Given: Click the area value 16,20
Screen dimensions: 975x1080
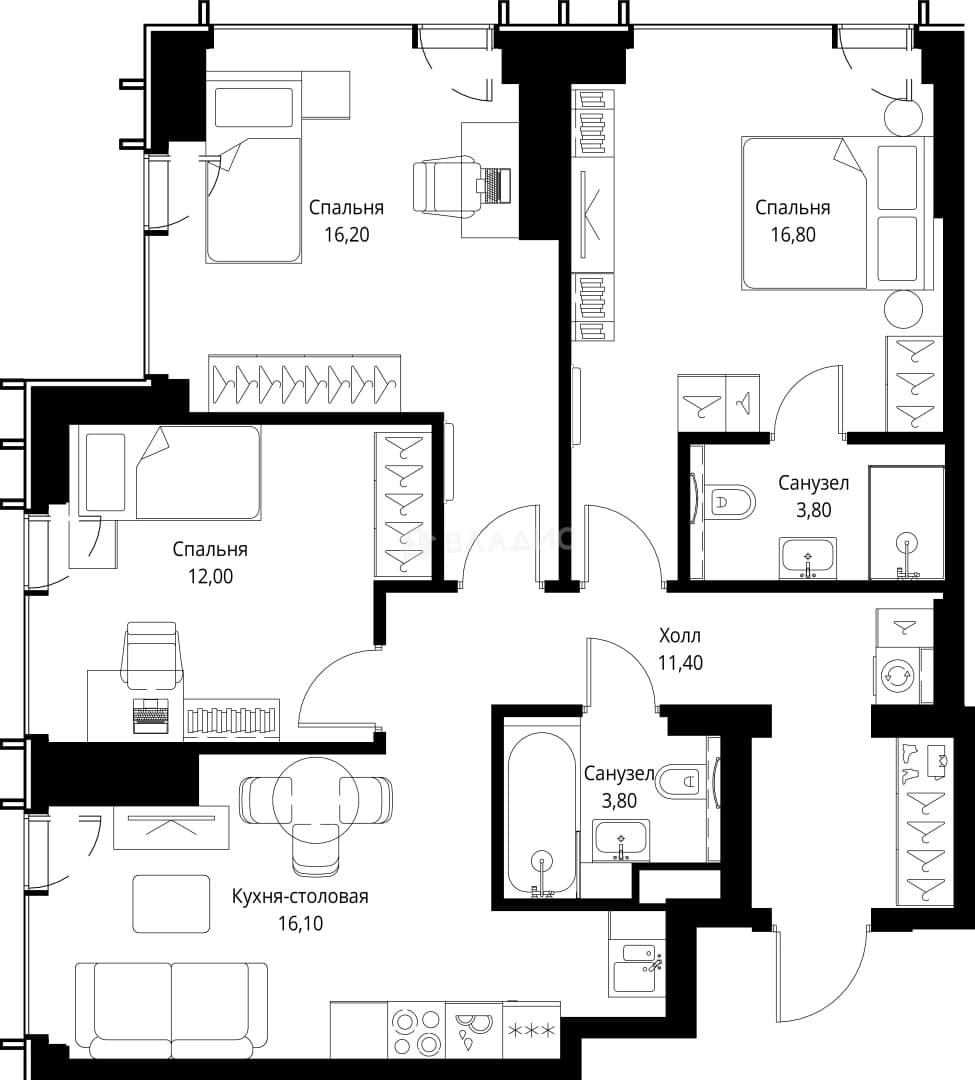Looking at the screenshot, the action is coord(347,235).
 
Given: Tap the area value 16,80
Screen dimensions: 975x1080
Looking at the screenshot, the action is coord(793,235).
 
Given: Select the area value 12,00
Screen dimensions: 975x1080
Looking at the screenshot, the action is coord(210,577).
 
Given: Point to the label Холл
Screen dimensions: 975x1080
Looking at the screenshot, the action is coord(680,635).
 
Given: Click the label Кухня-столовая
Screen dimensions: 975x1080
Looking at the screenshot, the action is coord(300,896).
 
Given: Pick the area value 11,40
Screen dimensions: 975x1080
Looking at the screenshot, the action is coord(680,663).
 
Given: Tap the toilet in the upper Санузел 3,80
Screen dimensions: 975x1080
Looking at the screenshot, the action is coord(731,501).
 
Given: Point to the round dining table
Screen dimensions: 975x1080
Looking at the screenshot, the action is coord(315,798).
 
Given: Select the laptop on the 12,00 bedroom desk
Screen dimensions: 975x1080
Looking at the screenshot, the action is coord(151,716).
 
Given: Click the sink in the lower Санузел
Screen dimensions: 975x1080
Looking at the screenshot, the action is coord(621,840).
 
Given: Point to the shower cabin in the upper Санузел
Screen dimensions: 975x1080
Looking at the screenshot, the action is coord(906,523).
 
